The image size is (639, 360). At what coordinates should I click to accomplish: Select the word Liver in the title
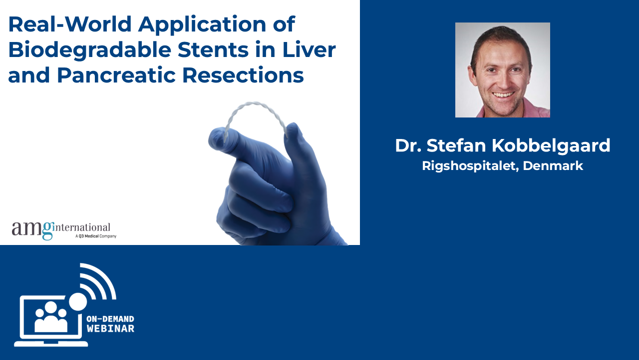coord(309,49)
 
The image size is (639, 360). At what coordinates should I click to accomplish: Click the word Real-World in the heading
coord(70,24)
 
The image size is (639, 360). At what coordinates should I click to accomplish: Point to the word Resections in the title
coord(243,75)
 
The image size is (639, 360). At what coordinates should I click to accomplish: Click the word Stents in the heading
coord(213,49)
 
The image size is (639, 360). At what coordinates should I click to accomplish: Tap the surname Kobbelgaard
coord(551,145)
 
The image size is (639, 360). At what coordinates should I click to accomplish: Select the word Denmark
coord(553,165)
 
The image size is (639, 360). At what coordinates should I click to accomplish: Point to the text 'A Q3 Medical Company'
coord(96,236)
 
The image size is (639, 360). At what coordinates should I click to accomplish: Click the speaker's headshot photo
coord(502,70)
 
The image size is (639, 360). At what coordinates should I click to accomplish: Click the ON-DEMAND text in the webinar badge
coord(110,319)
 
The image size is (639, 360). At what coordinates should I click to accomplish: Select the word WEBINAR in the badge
coord(111,329)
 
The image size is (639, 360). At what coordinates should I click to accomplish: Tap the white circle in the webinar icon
coord(78,301)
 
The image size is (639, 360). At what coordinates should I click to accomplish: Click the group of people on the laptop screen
coord(51,316)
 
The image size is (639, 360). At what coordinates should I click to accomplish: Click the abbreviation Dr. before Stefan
coord(408,145)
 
